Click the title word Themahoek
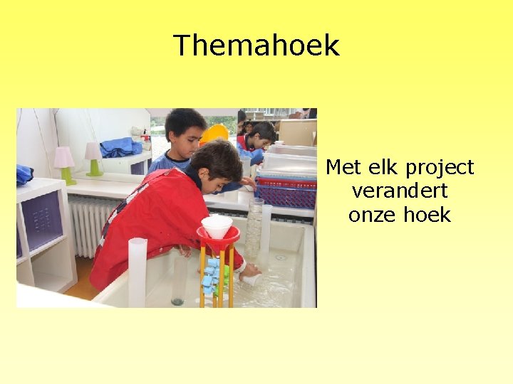click(x=256, y=46)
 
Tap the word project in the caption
click(x=440, y=169)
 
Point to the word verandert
click(x=399, y=191)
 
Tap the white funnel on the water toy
click(x=217, y=226)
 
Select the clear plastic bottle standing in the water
click(x=254, y=228)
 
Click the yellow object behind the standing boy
click(x=214, y=133)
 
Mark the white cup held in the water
click(x=250, y=278)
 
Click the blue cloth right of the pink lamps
click(x=120, y=147)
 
